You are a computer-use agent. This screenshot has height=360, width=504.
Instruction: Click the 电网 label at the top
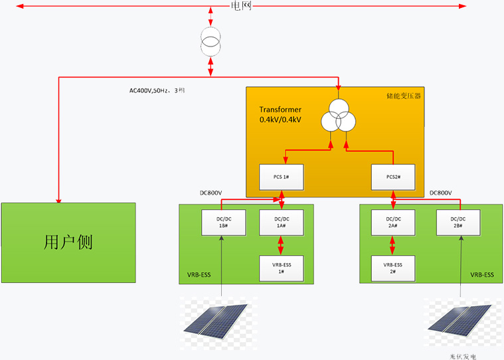coord(241,7)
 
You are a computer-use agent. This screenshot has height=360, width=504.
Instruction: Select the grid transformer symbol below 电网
coord(210,43)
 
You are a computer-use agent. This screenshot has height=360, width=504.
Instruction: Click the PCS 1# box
coord(280,178)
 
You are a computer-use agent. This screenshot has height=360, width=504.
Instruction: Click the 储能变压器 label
coord(404,96)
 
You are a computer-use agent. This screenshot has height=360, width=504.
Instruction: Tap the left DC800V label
coord(211,193)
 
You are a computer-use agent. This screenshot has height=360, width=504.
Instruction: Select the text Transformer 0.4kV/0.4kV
coord(280,114)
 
